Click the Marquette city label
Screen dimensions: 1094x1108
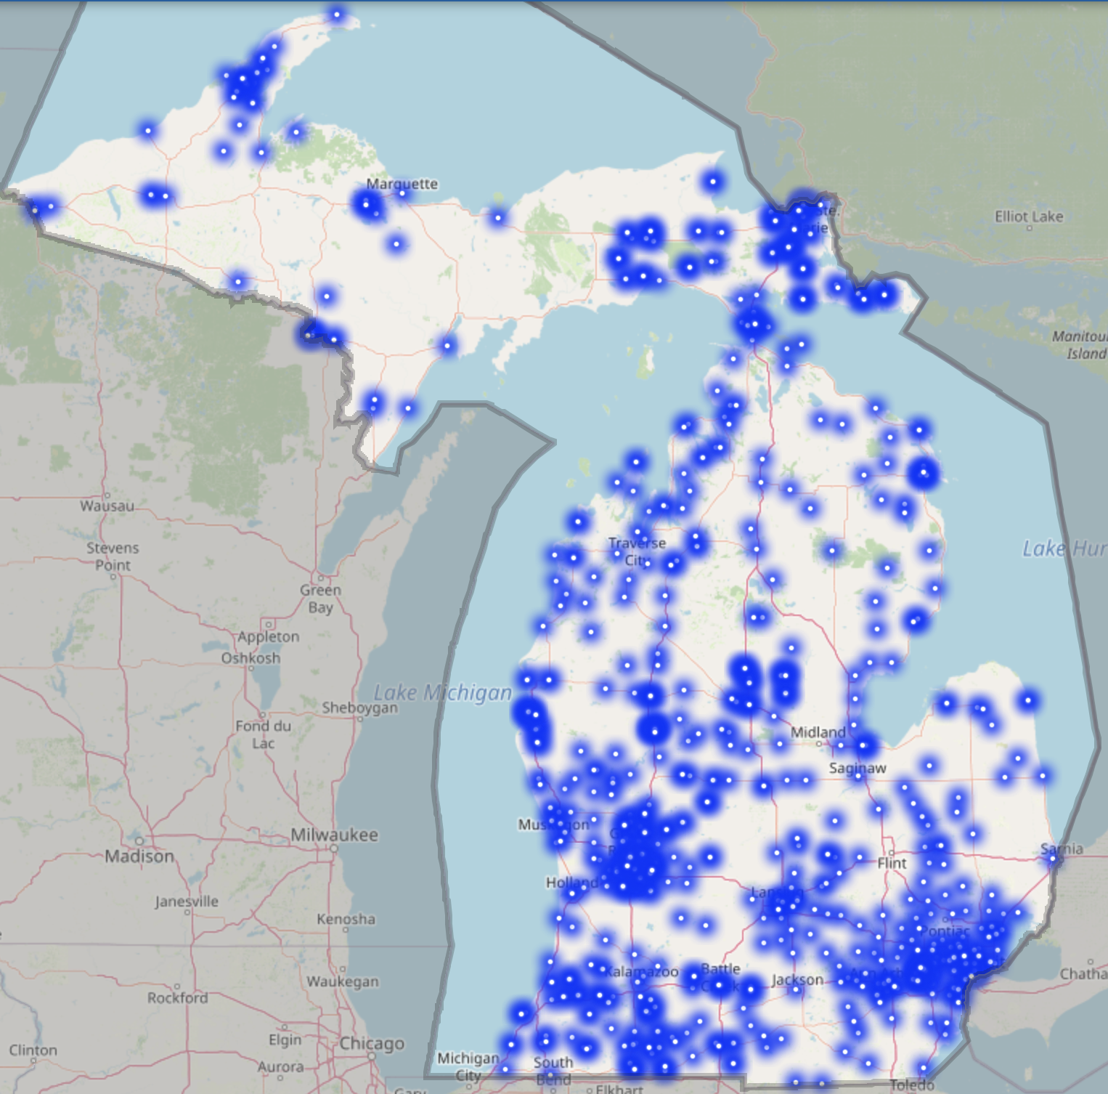(402, 184)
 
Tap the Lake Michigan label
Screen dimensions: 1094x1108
(443, 693)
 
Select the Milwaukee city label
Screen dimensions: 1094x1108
(334, 835)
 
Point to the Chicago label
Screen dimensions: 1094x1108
(372, 1043)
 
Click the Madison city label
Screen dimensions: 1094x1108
(139, 856)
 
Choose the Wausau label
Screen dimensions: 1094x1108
(107, 506)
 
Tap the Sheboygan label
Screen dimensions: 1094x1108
(359, 708)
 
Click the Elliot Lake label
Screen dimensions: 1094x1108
(1028, 216)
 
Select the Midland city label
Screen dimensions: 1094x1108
(818, 732)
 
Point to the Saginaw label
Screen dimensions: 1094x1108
(857, 768)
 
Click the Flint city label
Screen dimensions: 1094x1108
(892, 863)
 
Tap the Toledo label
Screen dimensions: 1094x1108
(911, 1085)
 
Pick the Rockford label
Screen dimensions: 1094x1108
(177, 997)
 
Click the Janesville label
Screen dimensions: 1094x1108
(187, 901)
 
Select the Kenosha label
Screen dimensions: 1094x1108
(346, 919)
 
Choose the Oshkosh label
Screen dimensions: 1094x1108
(250, 658)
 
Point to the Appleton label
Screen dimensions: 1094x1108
(268, 636)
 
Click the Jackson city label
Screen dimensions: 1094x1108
(797, 980)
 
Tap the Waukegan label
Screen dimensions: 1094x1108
(342, 981)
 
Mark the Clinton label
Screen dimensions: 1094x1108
(33, 1050)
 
